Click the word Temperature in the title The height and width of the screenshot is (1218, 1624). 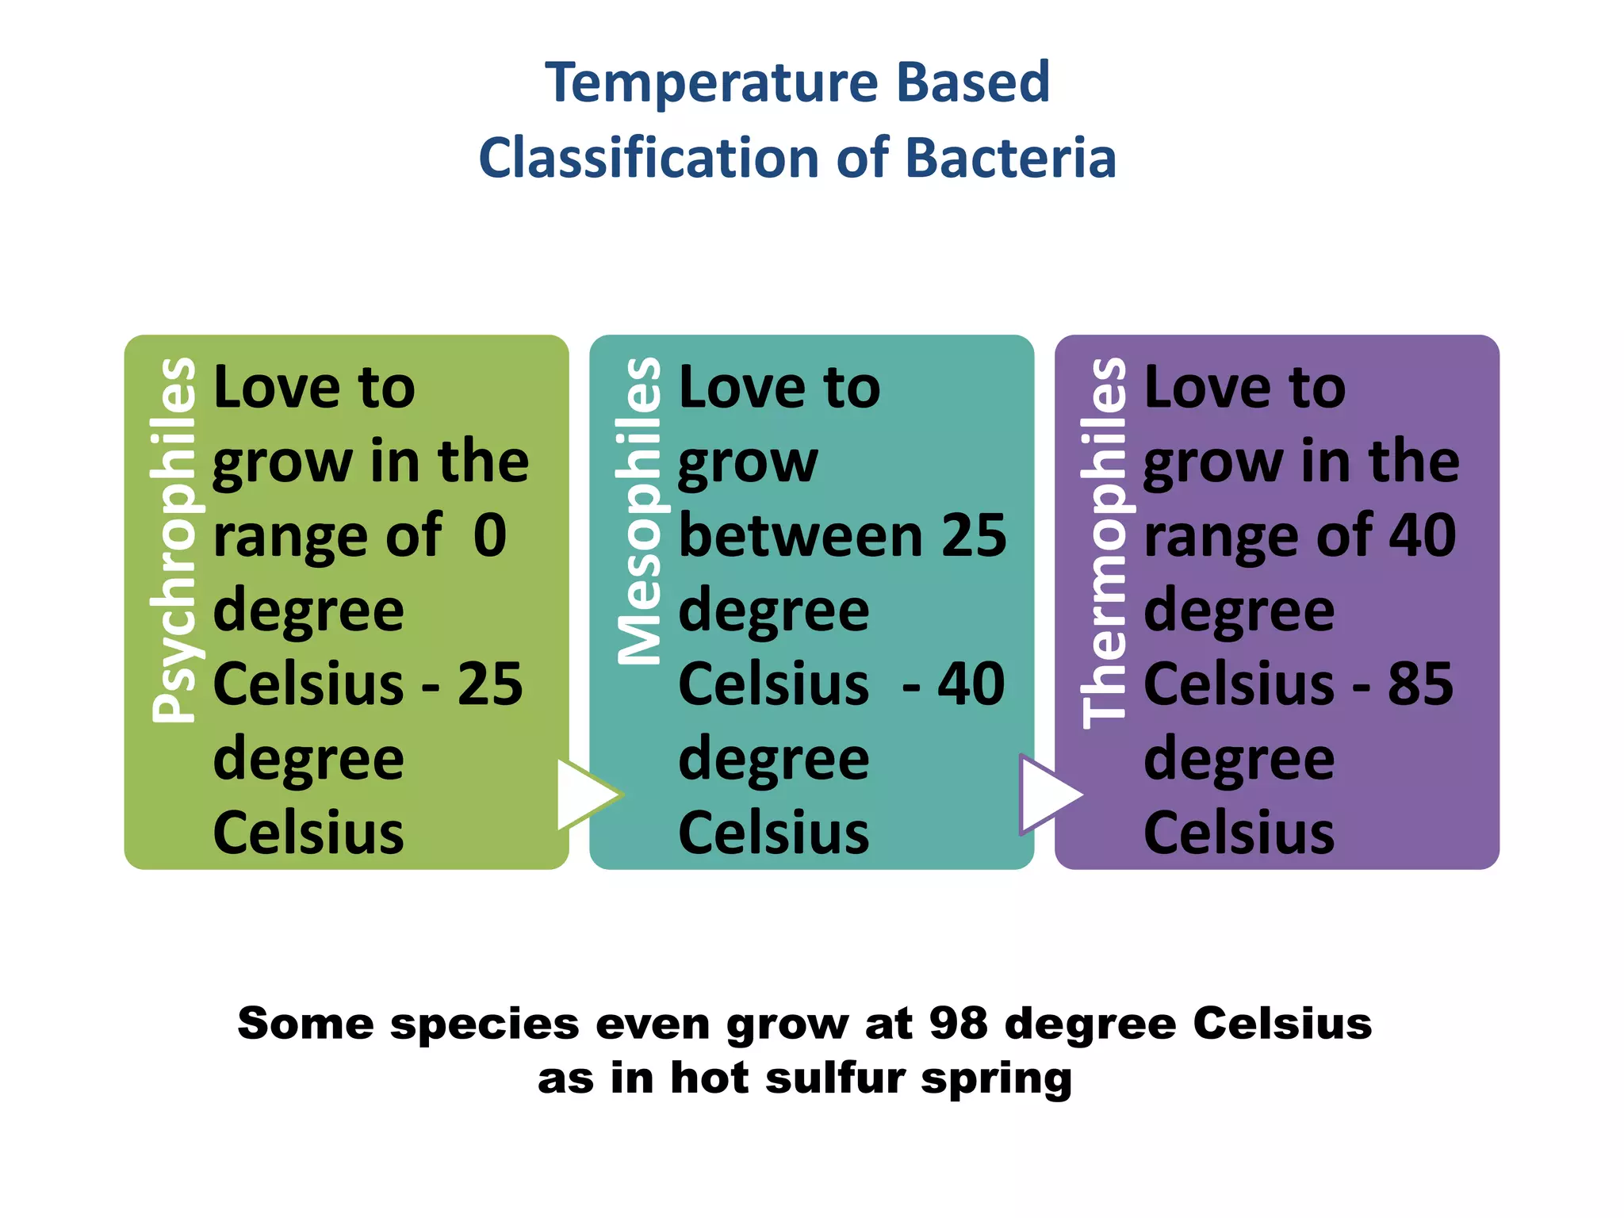point(711,83)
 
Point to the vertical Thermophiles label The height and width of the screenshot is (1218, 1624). point(1103,542)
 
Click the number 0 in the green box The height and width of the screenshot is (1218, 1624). point(490,535)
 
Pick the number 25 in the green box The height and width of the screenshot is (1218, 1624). point(490,684)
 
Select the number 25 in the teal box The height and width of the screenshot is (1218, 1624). point(974,535)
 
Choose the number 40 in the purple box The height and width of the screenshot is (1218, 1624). point(1423,535)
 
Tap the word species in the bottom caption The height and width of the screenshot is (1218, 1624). point(485,1025)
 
